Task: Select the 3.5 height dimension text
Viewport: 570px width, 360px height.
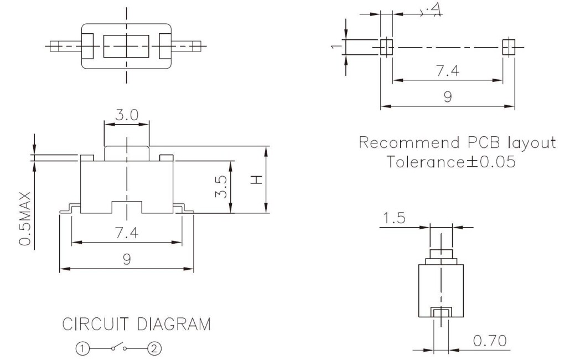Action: coord(220,187)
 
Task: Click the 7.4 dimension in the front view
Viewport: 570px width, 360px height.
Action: coord(126,233)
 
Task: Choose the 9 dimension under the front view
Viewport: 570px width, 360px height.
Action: coord(126,259)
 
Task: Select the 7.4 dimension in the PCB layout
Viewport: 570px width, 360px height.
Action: coord(447,71)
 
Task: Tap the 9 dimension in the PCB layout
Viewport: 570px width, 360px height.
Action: coord(447,97)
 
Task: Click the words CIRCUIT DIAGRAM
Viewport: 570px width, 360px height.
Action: coord(136,324)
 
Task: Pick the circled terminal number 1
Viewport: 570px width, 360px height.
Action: coord(82,348)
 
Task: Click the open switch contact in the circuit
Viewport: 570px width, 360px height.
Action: coord(118,348)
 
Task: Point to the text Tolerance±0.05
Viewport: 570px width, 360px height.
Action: coord(450,162)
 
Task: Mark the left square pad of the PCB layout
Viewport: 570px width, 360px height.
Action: coord(386,47)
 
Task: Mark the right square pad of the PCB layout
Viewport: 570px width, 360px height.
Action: coord(508,47)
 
